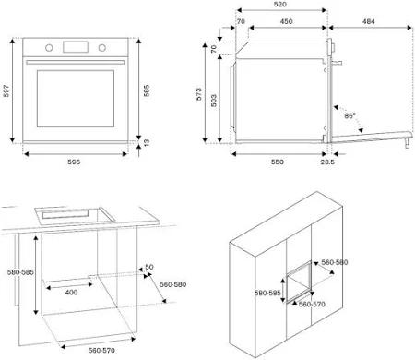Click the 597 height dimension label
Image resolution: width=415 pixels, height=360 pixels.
coord(6,90)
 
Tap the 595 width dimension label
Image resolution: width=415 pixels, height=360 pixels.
coord(74,162)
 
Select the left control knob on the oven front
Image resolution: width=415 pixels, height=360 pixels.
coord(49,48)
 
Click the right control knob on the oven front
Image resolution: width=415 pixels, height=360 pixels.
coord(102,48)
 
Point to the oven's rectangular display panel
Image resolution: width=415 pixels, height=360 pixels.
coord(76,47)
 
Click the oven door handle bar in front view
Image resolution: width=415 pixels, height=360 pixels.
coord(76,62)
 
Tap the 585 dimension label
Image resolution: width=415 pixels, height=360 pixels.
coord(147,90)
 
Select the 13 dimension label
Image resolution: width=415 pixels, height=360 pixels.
coord(147,142)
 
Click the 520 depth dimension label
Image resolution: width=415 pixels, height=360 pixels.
coord(280,5)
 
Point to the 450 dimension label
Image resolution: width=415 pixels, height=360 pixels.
coord(286,21)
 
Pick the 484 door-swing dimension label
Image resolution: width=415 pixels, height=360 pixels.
coord(369,21)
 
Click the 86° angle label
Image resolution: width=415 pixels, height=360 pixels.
coord(350,116)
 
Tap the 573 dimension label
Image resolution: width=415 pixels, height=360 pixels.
coord(199,94)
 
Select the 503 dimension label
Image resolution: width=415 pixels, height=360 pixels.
coord(214,101)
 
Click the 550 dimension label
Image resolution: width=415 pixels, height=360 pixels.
coord(278,162)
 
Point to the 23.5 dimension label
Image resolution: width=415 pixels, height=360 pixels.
coord(327,162)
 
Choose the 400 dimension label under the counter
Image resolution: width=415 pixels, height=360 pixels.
coord(71,293)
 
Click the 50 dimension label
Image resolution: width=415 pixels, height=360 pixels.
coord(149,267)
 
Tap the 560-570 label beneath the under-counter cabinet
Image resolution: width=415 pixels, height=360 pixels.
coord(101,351)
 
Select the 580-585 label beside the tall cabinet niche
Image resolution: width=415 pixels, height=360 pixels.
coord(267,293)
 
